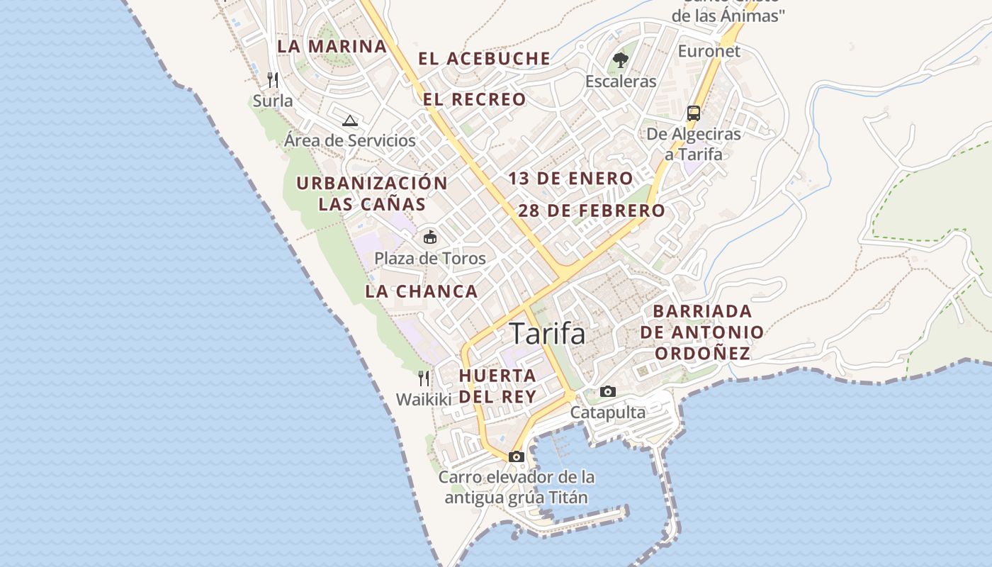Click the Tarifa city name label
click(547, 334)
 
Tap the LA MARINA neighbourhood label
click(332, 47)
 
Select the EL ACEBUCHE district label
click(484, 59)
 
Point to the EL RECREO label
click(475, 99)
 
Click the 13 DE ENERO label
click(570, 179)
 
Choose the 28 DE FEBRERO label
click(592, 210)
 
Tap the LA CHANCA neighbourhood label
click(422, 291)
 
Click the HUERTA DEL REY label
click(497, 386)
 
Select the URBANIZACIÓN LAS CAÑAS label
click(372, 193)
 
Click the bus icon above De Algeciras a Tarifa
click(694, 113)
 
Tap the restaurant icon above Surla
click(273, 79)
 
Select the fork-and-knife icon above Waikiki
click(424, 378)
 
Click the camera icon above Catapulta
click(608, 391)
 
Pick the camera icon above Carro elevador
click(517, 456)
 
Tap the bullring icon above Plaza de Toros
click(430, 237)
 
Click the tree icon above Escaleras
click(621, 60)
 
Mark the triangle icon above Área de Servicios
click(349, 120)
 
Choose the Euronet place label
click(709, 51)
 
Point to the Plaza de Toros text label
click(430, 258)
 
